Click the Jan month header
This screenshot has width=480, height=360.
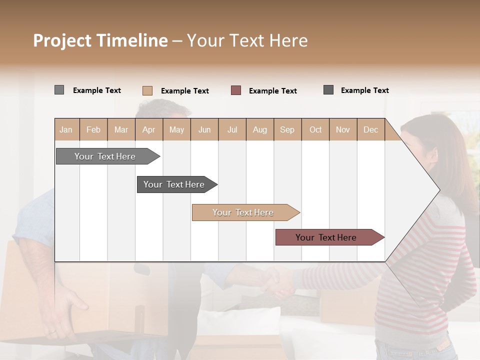pos(66,129)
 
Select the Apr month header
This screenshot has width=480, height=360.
pos(149,129)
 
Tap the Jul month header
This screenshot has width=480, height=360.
pos(232,129)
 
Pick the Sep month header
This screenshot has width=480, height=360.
pos(287,129)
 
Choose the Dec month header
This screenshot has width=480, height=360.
pos(370,129)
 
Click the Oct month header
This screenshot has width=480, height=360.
pos(315,129)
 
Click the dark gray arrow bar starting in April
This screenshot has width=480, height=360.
pos(175,184)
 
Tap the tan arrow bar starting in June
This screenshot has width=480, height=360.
pos(244,212)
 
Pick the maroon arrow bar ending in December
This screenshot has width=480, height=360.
pos(327,237)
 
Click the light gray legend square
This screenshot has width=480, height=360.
pos(59,90)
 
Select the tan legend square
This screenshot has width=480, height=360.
pos(147,90)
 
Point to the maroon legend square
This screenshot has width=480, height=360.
pos(236,90)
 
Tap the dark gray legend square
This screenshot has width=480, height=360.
pos(328,90)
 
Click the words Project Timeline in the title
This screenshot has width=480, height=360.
pos(100,40)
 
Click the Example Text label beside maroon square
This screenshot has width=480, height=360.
pos(272,91)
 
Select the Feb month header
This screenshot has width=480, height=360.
pos(93,129)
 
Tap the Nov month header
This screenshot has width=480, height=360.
pos(343,129)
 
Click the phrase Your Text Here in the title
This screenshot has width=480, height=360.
pos(247,40)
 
